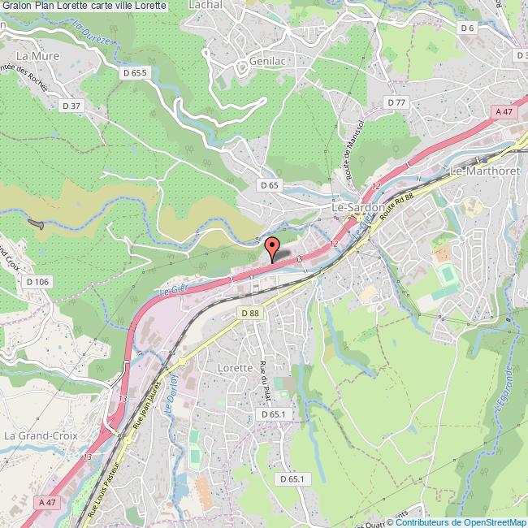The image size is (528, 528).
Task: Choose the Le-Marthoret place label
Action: [483, 172]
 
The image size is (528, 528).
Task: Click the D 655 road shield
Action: [135, 73]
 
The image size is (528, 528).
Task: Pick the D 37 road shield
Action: [72, 105]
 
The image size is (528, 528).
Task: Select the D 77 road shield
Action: [396, 102]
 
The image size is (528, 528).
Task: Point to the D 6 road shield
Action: [467, 28]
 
